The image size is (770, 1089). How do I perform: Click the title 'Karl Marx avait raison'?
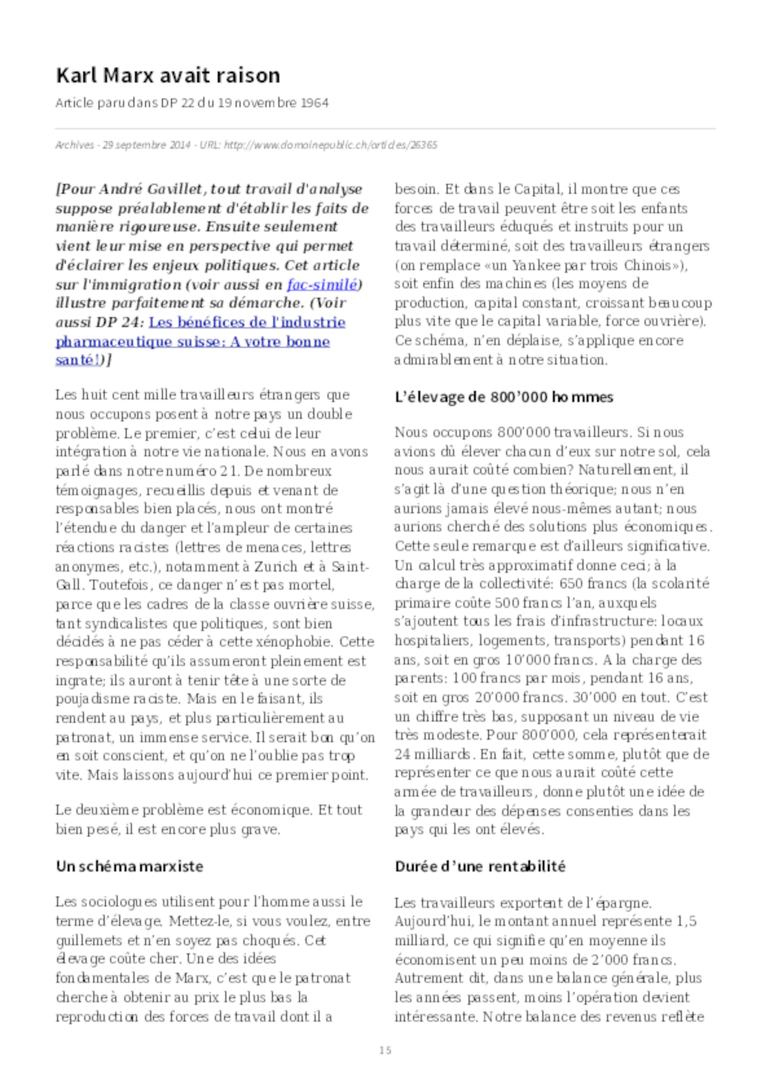pos(168,76)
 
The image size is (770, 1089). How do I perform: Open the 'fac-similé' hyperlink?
pos(321,285)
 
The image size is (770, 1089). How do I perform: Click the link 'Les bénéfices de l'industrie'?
pos(247,322)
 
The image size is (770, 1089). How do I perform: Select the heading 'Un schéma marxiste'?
pos(129,867)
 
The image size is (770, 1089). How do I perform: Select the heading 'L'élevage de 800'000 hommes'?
pos(504,397)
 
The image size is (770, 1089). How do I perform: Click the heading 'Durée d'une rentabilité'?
pos(480,867)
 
